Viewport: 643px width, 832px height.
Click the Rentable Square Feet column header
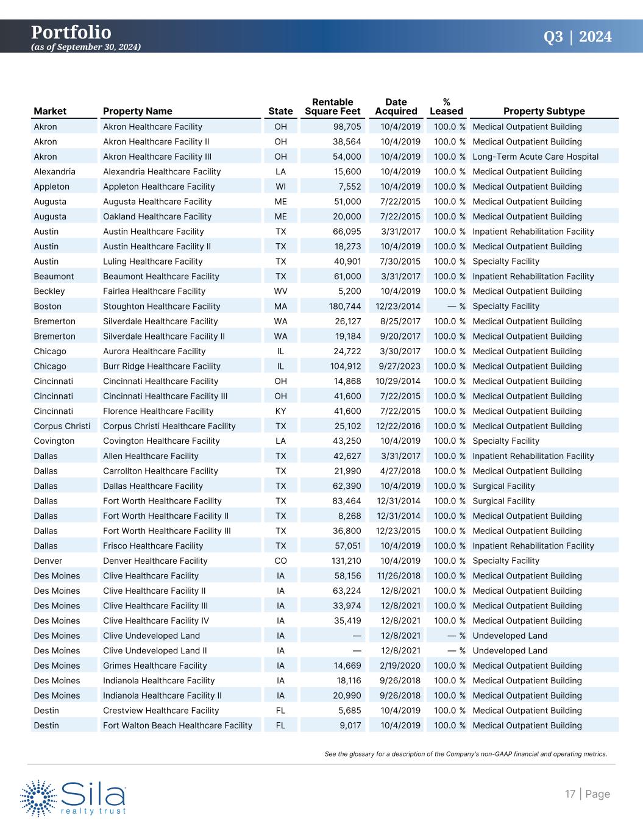click(332, 107)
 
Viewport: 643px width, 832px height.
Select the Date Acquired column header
click(396, 107)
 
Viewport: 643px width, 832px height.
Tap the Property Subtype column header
click(544, 111)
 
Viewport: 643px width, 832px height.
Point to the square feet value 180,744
click(345, 307)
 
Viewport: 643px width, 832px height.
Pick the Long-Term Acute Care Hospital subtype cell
click(535, 157)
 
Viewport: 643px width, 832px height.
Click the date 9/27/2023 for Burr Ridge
click(399, 366)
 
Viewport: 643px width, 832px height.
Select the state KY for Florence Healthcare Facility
click(280, 411)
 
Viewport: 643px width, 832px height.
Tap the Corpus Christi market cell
click(62, 426)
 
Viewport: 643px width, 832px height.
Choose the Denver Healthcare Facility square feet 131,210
click(345, 561)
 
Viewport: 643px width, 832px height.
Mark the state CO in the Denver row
click(280, 561)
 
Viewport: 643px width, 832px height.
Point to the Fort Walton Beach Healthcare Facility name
click(177, 725)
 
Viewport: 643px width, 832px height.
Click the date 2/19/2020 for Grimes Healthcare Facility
click(400, 666)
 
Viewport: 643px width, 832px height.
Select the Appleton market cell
click(51, 187)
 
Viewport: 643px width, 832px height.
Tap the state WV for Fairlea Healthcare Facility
click(280, 291)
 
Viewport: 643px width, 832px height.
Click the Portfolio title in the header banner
click(71, 32)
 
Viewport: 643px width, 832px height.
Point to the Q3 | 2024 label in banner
click(577, 37)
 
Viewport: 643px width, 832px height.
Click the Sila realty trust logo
click(74, 797)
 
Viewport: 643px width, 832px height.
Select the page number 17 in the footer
click(570, 794)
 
